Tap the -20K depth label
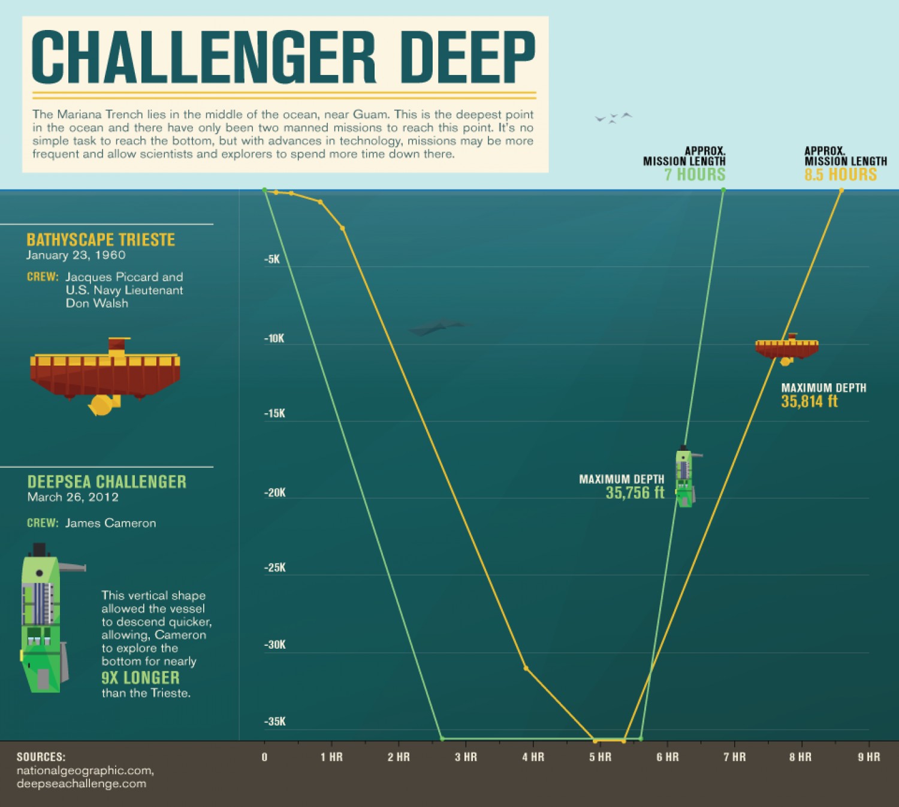[275, 493]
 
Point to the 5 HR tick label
[600, 757]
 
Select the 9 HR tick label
[868, 757]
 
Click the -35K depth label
[275, 721]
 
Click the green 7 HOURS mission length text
[695, 174]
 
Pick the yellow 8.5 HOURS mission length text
[840, 174]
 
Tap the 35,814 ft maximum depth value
[809, 402]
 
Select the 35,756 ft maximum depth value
[635, 493]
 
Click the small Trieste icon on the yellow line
[787, 348]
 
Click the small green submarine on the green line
[684, 477]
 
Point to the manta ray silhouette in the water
[436, 327]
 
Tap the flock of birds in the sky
[613, 118]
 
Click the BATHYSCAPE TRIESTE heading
[101, 240]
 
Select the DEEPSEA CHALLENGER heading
[107, 482]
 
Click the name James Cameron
[110, 523]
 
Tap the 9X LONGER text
[140, 678]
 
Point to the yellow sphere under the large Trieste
[101, 406]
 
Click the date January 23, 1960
[76, 255]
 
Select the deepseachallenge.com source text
[81, 784]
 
